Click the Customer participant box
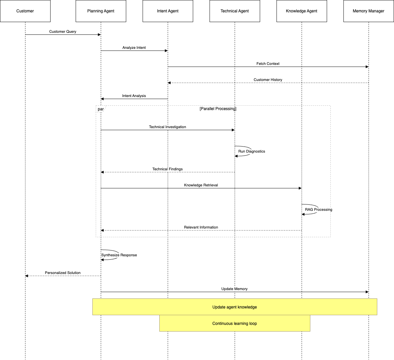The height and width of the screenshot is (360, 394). click(x=25, y=11)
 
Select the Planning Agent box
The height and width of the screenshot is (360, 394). click(x=101, y=11)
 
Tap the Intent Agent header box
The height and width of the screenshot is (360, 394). click(x=168, y=11)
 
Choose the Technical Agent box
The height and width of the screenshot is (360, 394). click(x=235, y=11)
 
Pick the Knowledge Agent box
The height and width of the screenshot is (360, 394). click(x=302, y=11)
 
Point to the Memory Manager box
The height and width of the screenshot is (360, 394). click(x=369, y=11)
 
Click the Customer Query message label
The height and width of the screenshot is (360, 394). click(x=63, y=31)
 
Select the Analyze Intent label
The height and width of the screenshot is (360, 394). click(x=134, y=48)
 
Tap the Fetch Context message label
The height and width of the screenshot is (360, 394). click(x=268, y=64)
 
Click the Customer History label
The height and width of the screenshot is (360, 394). click(x=268, y=80)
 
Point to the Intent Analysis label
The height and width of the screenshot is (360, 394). click(x=134, y=96)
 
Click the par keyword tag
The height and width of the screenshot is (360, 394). click(x=100, y=109)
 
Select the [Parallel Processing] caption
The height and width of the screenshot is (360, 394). click(x=218, y=109)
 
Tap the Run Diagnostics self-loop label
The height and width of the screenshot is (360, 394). click(x=252, y=151)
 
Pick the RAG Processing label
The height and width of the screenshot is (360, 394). click(x=319, y=209)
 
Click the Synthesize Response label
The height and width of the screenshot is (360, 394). click(x=119, y=255)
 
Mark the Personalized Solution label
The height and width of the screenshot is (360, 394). click(x=63, y=273)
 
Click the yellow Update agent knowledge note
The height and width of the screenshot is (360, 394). click(x=235, y=307)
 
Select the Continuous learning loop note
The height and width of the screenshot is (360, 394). click(x=235, y=323)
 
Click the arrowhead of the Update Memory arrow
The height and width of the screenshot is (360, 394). click(x=367, y=292)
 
